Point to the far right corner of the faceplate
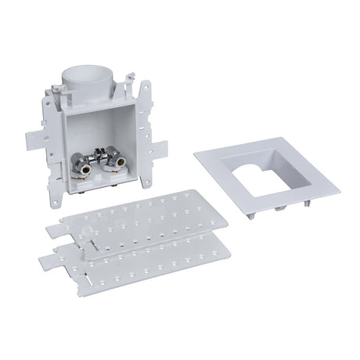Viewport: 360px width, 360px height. [338, 187]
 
